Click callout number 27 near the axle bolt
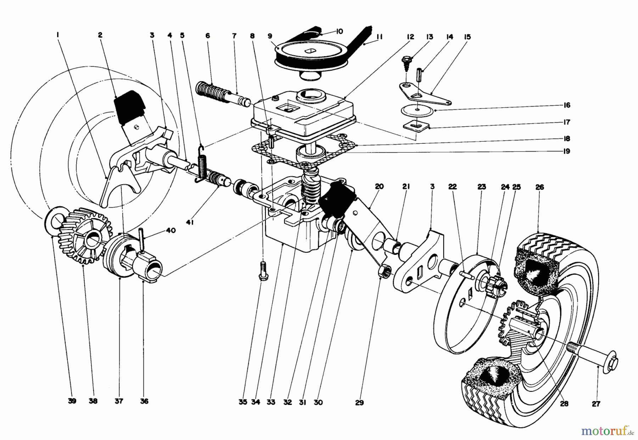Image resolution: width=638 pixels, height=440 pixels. (x=596, y=404)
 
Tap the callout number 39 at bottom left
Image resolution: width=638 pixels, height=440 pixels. (x=72, y=401)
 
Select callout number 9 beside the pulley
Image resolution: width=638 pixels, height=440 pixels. (x=270, y=36)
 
